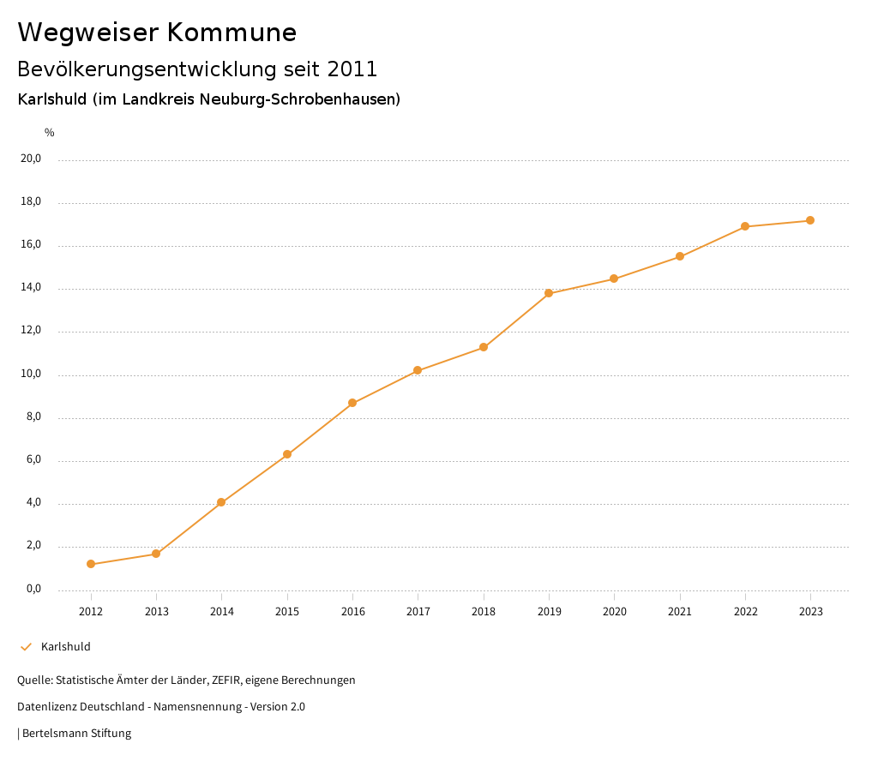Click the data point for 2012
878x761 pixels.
coord(91,564)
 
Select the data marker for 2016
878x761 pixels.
coord(352,403)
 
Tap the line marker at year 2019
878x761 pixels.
coord(549,293)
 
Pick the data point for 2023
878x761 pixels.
coord(810,220)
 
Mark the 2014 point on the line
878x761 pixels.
coord(221,502)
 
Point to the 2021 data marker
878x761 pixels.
coord(680,256)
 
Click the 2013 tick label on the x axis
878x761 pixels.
coord(156,611)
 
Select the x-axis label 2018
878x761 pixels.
coord(484,611)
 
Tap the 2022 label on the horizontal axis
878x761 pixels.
coord(745,611)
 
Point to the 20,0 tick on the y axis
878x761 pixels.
coord(30,159)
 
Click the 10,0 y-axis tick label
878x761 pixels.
coord(30,374)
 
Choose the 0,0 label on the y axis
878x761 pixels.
coord(33,589)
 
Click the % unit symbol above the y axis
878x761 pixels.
coord(50,133)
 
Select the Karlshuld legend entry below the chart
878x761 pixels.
coord(65,647)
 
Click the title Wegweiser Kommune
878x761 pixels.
coord(157,33)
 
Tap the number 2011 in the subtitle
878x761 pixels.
coord(352,69)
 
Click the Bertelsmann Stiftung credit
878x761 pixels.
coord(76,734)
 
